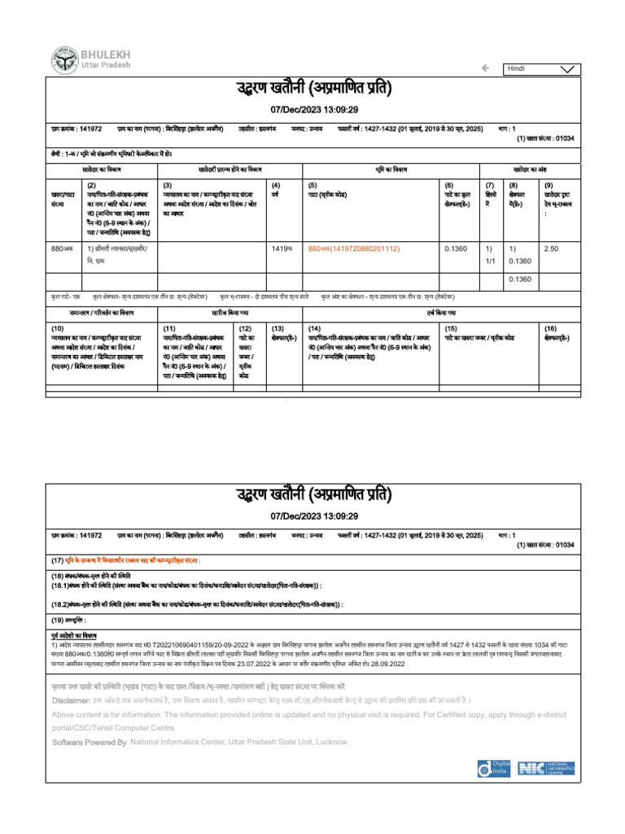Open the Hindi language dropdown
(x=541, y=68)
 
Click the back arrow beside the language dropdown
(x=485, y=68)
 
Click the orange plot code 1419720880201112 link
(x=354, y=248)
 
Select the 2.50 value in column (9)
(x=551, y=248)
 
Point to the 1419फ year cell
(x=282, y=248)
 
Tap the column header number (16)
(x=551, y=327)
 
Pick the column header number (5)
(x=312, y=186)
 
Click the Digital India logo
(x=494, y=767)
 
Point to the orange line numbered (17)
(x=126, y=561)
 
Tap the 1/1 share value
(x=489, y=261)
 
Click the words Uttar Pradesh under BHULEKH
(x=99, y=64)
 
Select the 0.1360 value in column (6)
(x=456, y=248)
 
